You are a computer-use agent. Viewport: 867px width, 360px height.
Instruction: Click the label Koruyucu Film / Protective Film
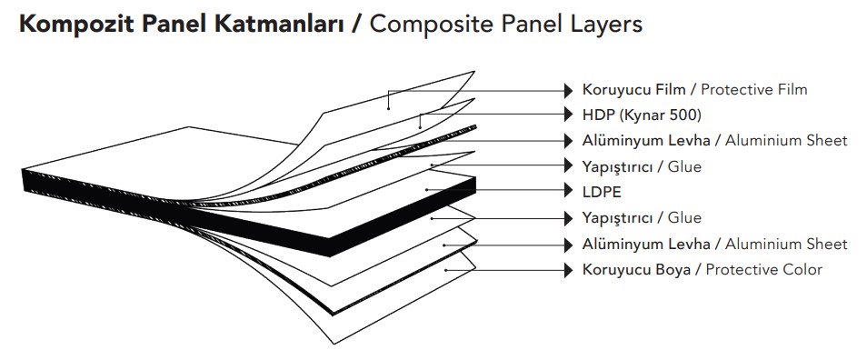point(694,89)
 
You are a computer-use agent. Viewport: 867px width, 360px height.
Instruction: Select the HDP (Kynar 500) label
point(642,115)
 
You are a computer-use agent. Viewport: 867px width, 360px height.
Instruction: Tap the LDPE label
point(603,192)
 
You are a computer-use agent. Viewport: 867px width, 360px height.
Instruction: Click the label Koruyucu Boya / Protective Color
point(702,269)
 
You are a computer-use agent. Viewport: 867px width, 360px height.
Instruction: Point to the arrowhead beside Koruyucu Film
point(569,89)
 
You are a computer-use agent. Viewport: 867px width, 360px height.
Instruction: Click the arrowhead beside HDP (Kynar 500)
point(569,115)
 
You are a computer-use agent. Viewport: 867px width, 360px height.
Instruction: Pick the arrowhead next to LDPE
point(569,192)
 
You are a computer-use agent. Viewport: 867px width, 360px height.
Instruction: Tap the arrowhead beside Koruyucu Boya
point(569,269)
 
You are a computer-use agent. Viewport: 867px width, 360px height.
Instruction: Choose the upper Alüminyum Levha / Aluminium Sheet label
point(714,140)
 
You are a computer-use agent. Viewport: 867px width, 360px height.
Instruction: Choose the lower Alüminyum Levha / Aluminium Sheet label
point(714,244)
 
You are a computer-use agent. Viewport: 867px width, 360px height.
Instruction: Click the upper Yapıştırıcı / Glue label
point(642,166)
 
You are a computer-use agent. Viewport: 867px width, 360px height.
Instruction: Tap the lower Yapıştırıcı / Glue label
point(642,218)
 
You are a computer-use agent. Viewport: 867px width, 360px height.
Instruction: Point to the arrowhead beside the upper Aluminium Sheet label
point(569,140)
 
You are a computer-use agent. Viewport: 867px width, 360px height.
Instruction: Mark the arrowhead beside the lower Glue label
point(569,218)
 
